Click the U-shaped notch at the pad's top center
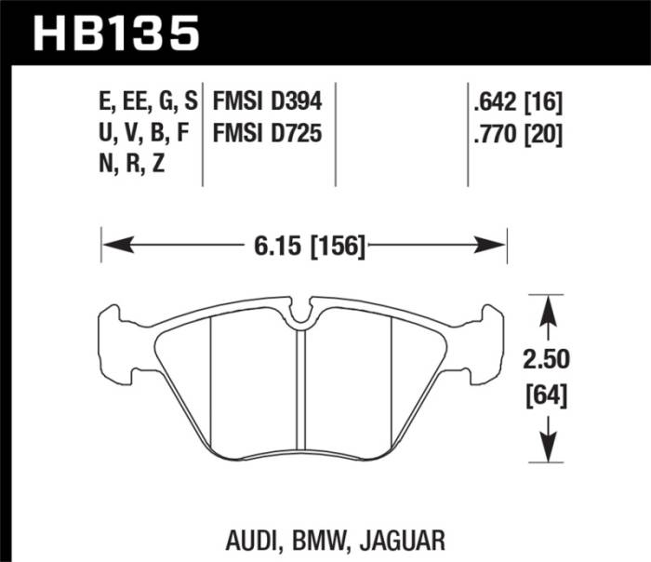pos(299,317)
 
